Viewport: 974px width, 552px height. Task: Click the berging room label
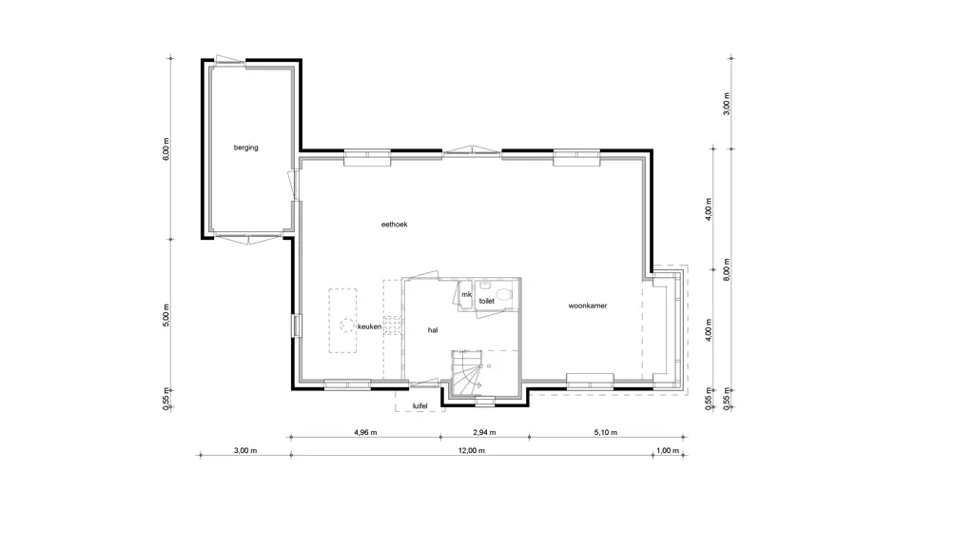pos(246,148)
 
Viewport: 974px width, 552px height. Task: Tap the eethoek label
pos(395,225)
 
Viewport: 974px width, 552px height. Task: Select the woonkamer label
pos(588,306)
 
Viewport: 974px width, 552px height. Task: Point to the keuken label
pos(370,326)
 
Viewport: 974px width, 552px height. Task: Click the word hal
pos(433,330)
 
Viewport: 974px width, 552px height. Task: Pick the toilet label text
pos(487,301)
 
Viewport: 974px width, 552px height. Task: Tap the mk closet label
pos(466,295)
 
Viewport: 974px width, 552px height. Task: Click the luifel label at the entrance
pos(419,406)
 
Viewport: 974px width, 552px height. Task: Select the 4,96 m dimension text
pos(365,433)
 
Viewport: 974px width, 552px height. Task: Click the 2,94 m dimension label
pos(484,433)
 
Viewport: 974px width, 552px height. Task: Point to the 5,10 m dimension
pos(606,433)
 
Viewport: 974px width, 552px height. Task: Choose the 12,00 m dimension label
pos(472,451)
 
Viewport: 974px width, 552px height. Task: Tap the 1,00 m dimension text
pos(668,451)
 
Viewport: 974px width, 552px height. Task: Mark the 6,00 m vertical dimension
pos(166,149)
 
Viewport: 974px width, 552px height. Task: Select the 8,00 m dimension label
pos(727,269)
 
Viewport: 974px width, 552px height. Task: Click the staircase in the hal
pos(467,372)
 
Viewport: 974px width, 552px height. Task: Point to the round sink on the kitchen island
pos(345,325)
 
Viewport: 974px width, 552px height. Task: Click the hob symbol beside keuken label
pos(392,326)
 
